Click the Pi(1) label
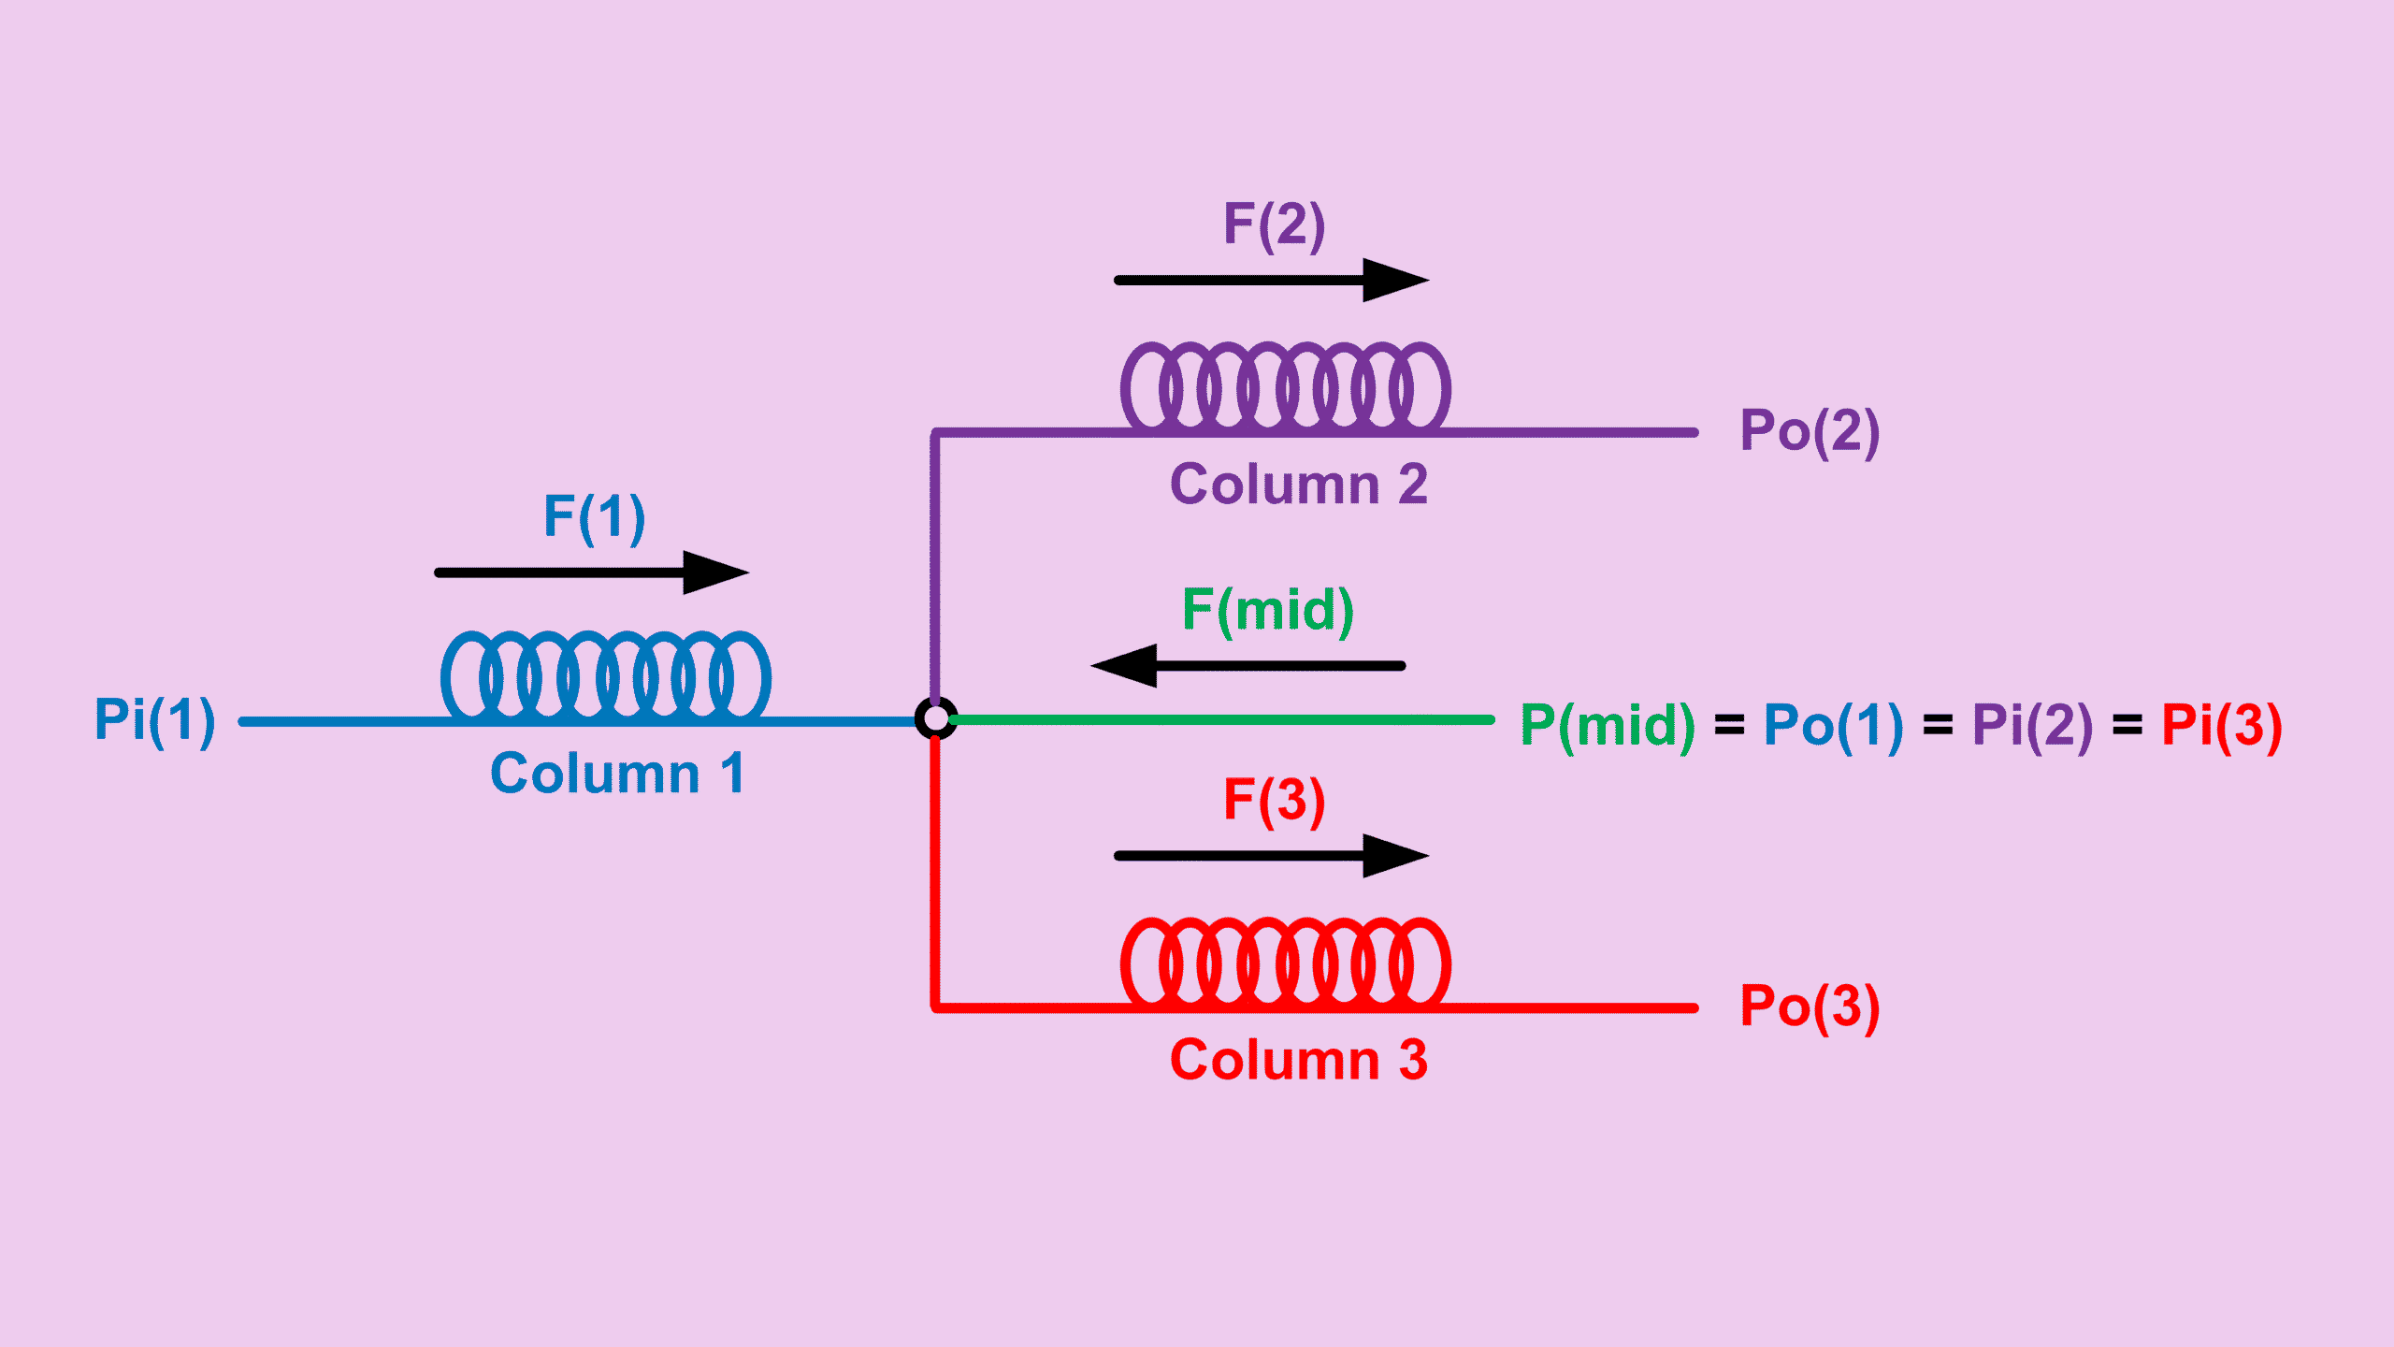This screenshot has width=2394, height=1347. (x=155, y=720)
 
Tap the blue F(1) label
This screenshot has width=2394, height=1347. (x=595, y=517)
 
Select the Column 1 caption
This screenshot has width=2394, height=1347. (x=617, y=774)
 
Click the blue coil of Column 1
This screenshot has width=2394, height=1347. (x=606, y=676)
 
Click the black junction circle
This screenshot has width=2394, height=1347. (x=935, y=718)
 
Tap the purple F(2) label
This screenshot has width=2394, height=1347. (x=1275, y=225)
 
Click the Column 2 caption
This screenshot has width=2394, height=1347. (x=1299, y=485)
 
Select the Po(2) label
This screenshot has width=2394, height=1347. (x=1810, y=432)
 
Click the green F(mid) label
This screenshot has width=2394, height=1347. (x=1268, y=611)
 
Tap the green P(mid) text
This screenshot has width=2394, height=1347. (x=1608, y=726)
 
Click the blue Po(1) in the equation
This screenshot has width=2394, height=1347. (x=1833, y=726)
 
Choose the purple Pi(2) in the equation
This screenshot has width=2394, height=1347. (x=2032, y=726)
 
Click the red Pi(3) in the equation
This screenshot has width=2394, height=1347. (x=2222, y=726)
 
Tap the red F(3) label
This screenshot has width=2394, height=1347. (x=1275, y=802)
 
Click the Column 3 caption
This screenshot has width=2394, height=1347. (x=1299, y=1060)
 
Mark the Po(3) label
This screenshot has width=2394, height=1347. (x=1810, y=1007)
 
